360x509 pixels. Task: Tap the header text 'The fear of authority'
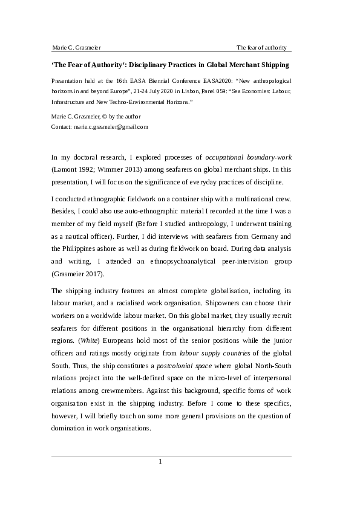[x=261, y=48]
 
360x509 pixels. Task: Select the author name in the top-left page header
[x=76, y=48]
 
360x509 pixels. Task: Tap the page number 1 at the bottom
[x=160, y=462]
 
